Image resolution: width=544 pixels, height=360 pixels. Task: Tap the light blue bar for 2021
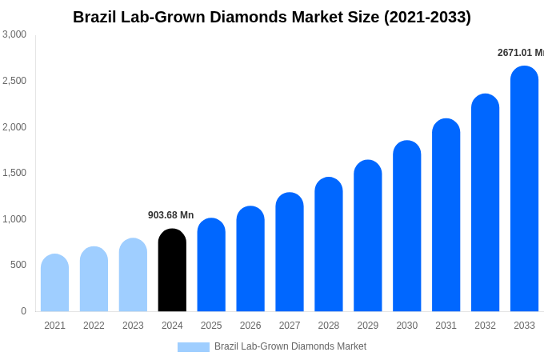(54, 283)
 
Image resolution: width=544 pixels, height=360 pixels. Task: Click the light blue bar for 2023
(133, 275)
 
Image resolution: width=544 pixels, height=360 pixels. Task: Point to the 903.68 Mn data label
(170, 215)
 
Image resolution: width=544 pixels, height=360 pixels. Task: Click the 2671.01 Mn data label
(520, 53)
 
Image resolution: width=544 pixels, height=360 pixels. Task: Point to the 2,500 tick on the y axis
(14, 81)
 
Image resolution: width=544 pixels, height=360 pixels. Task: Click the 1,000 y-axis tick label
(14, 219)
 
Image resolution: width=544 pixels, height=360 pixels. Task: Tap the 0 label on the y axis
(23, 311)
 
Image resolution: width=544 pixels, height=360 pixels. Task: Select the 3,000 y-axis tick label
(14, 34)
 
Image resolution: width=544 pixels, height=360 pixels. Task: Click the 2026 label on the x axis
(250, 326)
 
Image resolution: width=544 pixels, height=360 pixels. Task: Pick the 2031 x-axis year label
(446, 326)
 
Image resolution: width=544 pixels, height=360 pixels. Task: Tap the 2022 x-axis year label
(94, 326)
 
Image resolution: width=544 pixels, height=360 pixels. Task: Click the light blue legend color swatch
(193, 347)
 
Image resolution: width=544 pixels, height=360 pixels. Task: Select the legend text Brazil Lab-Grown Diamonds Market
(290, 346)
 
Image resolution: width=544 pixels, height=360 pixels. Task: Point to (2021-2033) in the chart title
(427, 17)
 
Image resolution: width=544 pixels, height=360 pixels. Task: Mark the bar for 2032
(485, 203)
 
